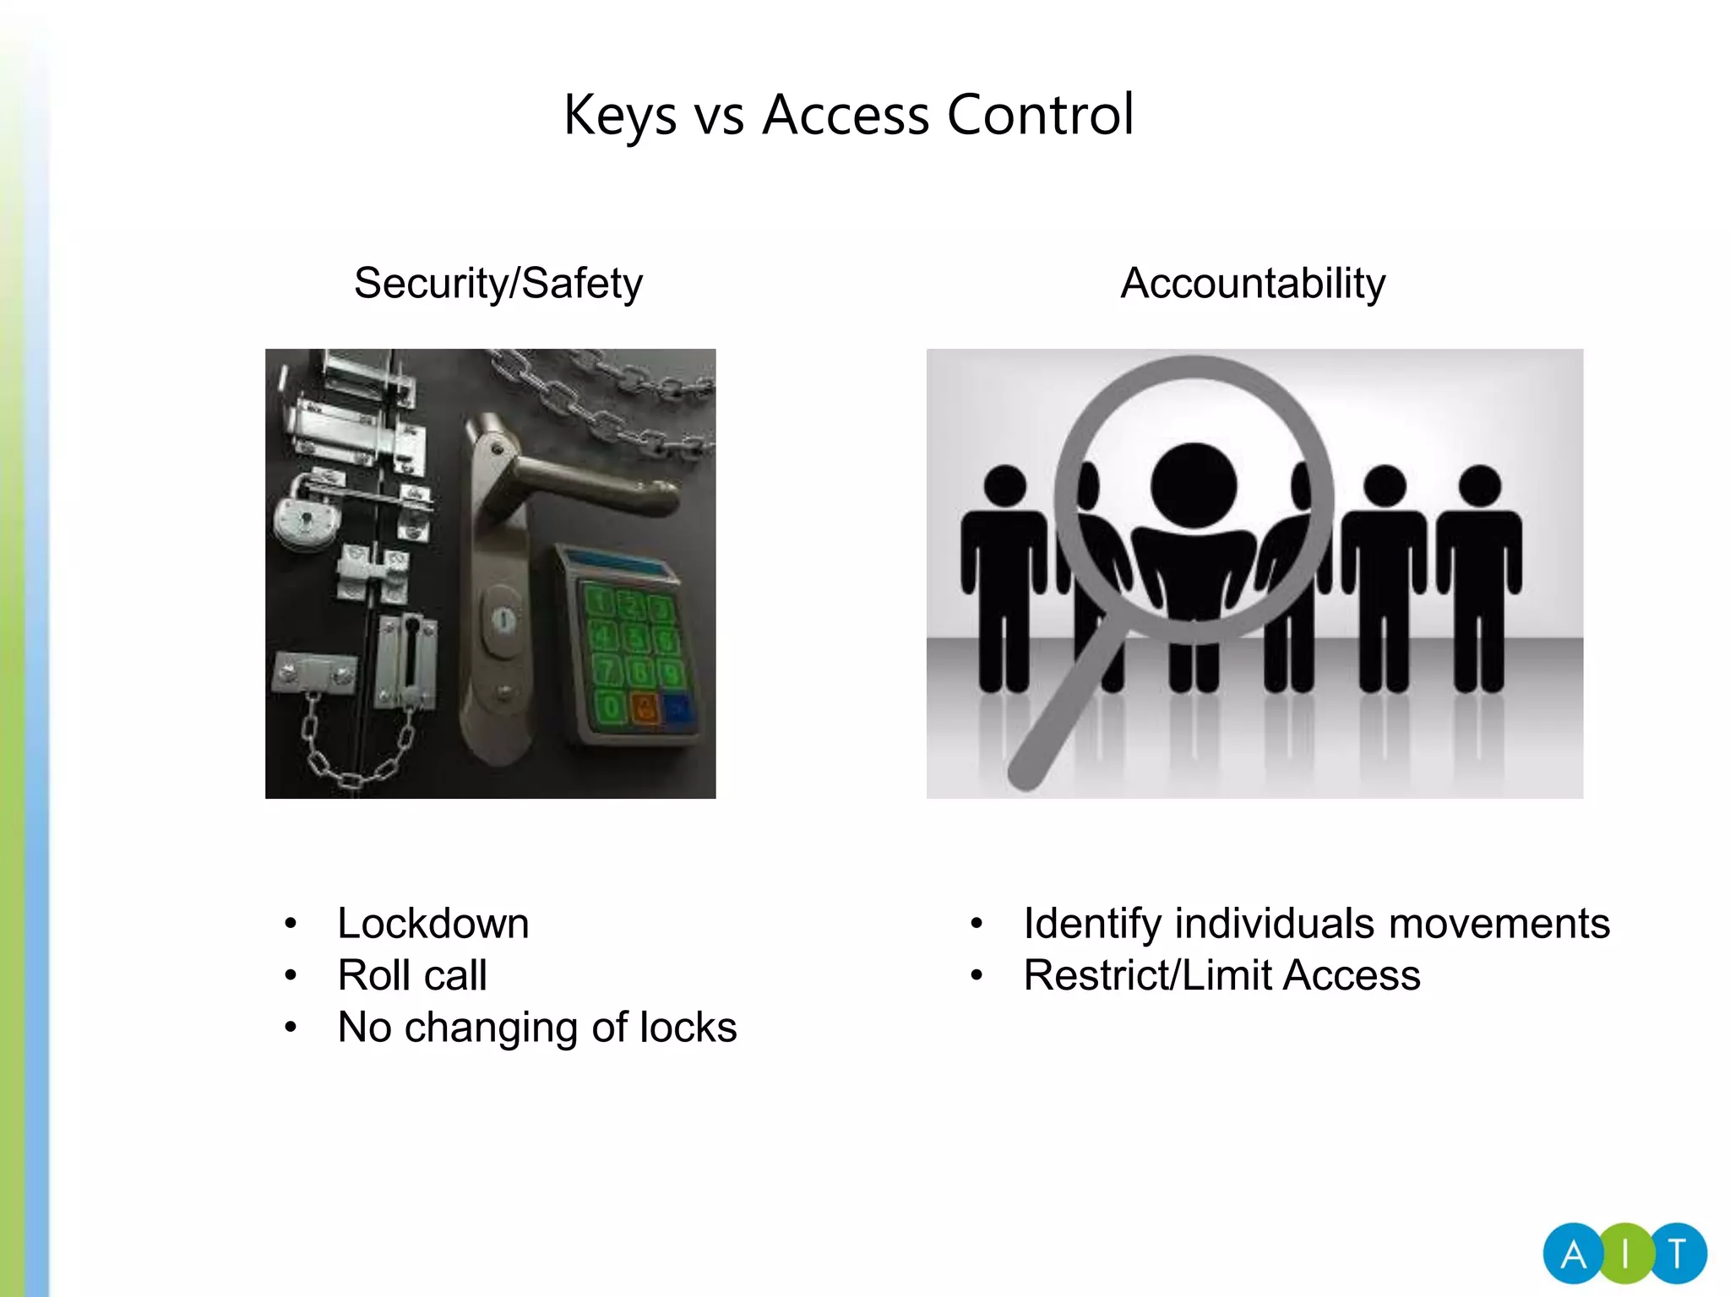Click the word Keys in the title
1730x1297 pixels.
(x=620, y=116)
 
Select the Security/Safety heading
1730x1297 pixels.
(x=498, y=283)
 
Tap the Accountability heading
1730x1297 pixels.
(x=1253, y=283)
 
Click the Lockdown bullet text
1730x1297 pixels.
(x=433, y=923)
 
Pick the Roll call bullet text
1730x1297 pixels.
(x=412, y=975)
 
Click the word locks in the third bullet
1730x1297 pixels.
(x=688, y=1028)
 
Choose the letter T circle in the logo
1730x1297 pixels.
(x=1678, y=1255)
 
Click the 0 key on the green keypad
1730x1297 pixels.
(x=611, y=708)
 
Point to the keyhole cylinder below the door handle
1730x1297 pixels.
(x=503, y=621)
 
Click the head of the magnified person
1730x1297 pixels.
(x=1194, y=485)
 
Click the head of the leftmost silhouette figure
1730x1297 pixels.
(x=1004, y=486)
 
